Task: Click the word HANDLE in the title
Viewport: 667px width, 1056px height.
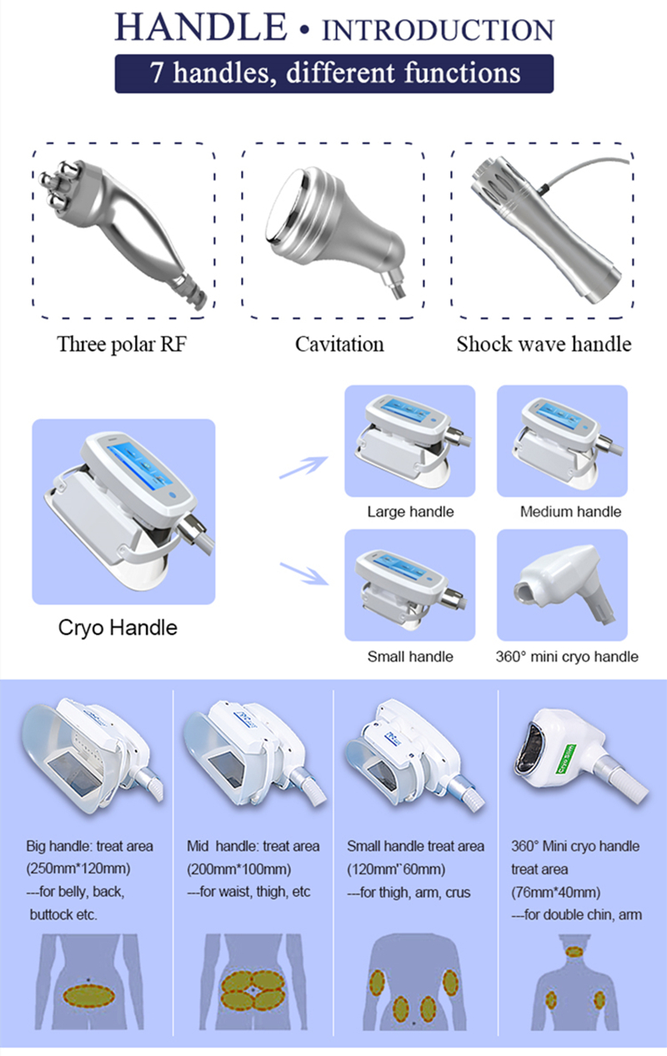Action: [201, 27]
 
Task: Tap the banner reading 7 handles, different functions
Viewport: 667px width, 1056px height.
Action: [334, 73]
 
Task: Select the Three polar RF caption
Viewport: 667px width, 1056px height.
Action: [122, 344]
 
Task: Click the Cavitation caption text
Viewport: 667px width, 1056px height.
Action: [339, 344]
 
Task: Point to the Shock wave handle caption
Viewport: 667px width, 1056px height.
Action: [544, 344]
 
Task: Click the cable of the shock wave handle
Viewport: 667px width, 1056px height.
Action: [585, 168]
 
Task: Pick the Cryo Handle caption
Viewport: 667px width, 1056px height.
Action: [118, 628]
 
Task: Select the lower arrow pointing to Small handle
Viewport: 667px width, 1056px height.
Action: [304, 573]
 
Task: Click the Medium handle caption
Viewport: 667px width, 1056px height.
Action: [570, 512]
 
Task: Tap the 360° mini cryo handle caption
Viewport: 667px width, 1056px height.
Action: [566, 657]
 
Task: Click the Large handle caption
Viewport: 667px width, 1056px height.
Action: [410, 512]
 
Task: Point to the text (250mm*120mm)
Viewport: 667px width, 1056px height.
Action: [78, 868]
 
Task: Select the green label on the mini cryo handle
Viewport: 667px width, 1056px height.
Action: [564, 758]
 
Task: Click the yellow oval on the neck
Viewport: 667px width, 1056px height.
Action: [574, 951]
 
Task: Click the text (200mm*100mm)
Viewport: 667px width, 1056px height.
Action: [239, 868]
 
